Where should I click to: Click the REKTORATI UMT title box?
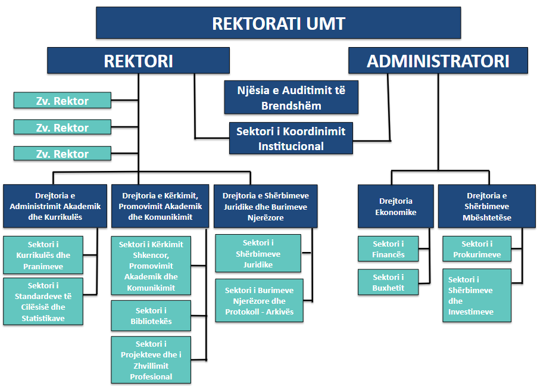(x=279, y=23)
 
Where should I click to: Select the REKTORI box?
(x=138, y=61)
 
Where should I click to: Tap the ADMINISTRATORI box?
(x=438, y=61)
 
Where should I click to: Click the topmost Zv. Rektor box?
(x=63, y=101)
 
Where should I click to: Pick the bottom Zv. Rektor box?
(x=63, y=154)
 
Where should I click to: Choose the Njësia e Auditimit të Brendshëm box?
(x=291, y=97)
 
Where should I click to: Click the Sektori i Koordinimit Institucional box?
(x=291, y=138)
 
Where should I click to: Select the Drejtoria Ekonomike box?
(x=395, y=206)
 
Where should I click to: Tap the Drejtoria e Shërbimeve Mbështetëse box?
(x=486, y=206)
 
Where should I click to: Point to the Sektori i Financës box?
(x=388, y=249)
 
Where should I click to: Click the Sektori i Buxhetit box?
(x=388, y=282)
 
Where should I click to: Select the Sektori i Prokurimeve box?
(x=477, y=249)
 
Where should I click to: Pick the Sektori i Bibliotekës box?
(x=151, y=316)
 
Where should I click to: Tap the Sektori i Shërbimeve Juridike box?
(x=258, y=253)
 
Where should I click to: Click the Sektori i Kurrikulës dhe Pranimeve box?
(x=43, y=255)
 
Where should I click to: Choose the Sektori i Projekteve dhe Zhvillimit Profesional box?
(x=151, y=360)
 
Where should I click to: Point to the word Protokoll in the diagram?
(x=242, y=312)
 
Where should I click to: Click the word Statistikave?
(x=43, y=319)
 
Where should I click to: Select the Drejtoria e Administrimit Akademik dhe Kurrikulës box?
(x=55, y=206)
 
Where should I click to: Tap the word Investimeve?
(x=471, y=312)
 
